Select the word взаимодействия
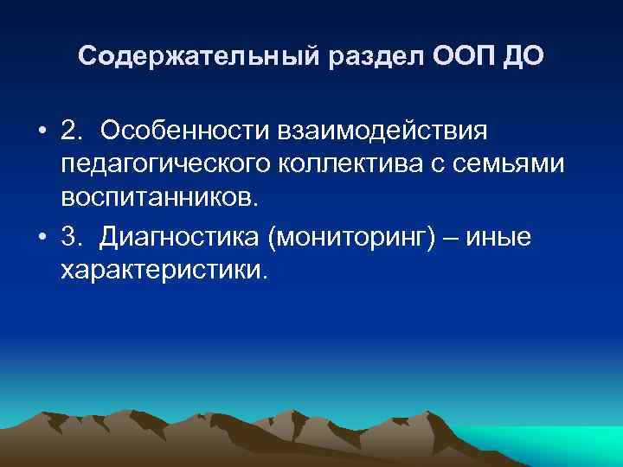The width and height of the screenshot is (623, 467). [x=383, y=131]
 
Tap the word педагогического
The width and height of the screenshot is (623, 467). [x=160, y=164]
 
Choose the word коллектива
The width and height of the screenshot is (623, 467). [x=350, y=164]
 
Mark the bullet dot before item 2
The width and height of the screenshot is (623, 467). [x=42, y=132]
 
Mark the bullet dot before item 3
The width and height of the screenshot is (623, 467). [x=42, y=237]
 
